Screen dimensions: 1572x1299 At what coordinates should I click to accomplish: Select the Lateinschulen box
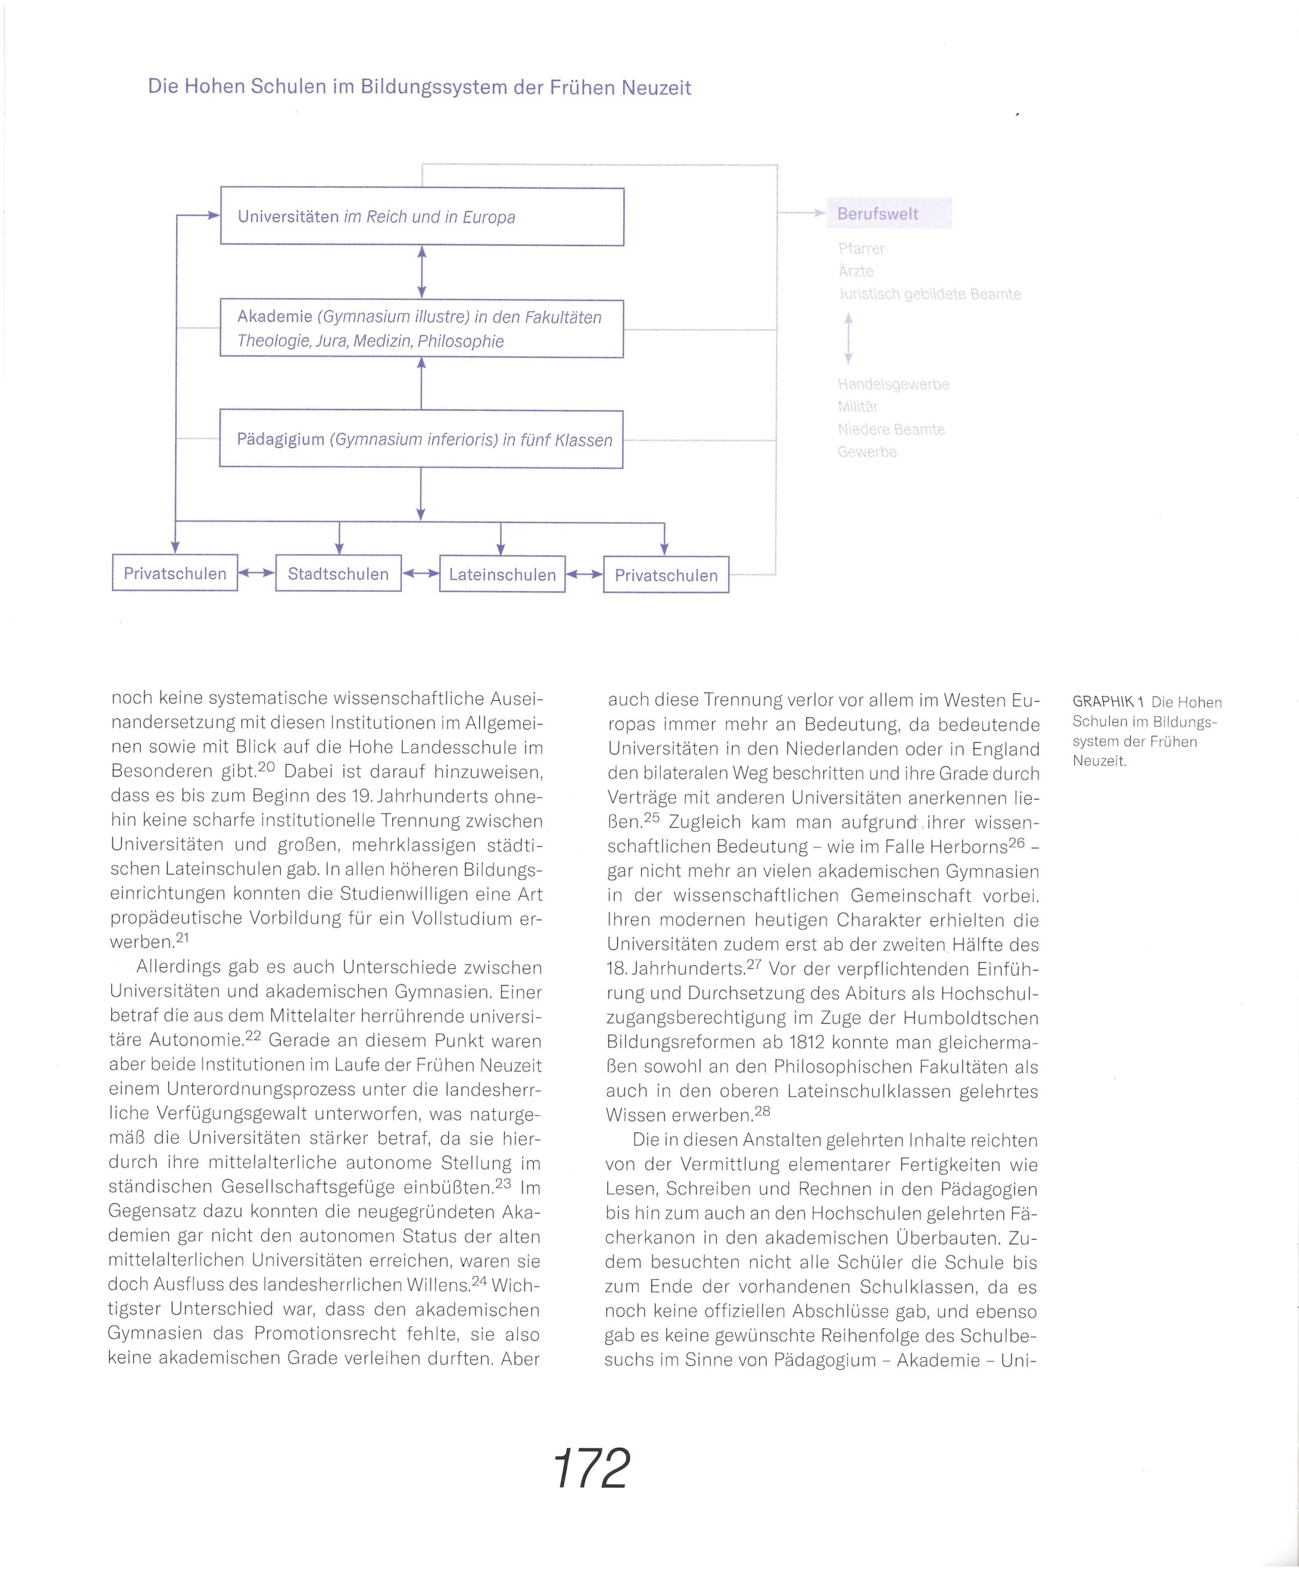(x=502, y=574)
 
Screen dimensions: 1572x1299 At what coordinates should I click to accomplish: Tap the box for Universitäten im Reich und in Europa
(x=422, y=216)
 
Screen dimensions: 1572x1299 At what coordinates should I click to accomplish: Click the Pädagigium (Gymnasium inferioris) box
(x=421, y=439)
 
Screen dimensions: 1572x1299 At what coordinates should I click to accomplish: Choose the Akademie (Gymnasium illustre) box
(x=421, y=329)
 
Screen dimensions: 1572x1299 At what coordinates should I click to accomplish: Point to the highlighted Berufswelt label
(x=889, y=213)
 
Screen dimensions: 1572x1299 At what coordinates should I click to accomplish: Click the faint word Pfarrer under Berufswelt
(x=861, y=249)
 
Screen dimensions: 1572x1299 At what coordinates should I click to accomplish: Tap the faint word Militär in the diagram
(x=857, y=407)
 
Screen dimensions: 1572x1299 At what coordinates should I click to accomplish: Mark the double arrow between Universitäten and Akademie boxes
(x=421, y=273)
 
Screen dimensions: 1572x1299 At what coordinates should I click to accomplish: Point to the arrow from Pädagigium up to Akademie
(x=421, y=383)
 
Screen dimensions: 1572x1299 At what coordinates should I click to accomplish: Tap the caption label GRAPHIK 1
(x=1108, y=702)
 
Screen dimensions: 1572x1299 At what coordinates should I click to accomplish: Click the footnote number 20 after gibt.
(x=267, y=767)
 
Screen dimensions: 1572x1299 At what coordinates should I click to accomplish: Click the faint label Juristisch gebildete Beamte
(x=929, y=294)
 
